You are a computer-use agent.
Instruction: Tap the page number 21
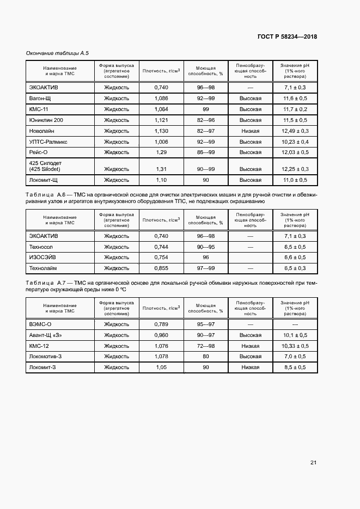point(313,463)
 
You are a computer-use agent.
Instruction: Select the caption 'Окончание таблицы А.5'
point(57,53)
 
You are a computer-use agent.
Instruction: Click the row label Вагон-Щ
point(40,99)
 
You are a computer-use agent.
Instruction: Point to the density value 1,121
point(161,120)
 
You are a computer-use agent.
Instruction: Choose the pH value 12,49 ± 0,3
point(295,131)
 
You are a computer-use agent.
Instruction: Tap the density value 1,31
point(161,169)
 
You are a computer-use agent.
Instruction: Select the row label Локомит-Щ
point(45,180)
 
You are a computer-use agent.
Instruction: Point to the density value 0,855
point(161,268)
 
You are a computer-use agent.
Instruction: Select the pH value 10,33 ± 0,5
point(295,346)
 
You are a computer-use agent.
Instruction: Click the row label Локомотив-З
point(48,357)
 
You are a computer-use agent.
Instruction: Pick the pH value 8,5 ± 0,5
point(295,367)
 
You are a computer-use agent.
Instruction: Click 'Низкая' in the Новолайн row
point(251,131)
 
